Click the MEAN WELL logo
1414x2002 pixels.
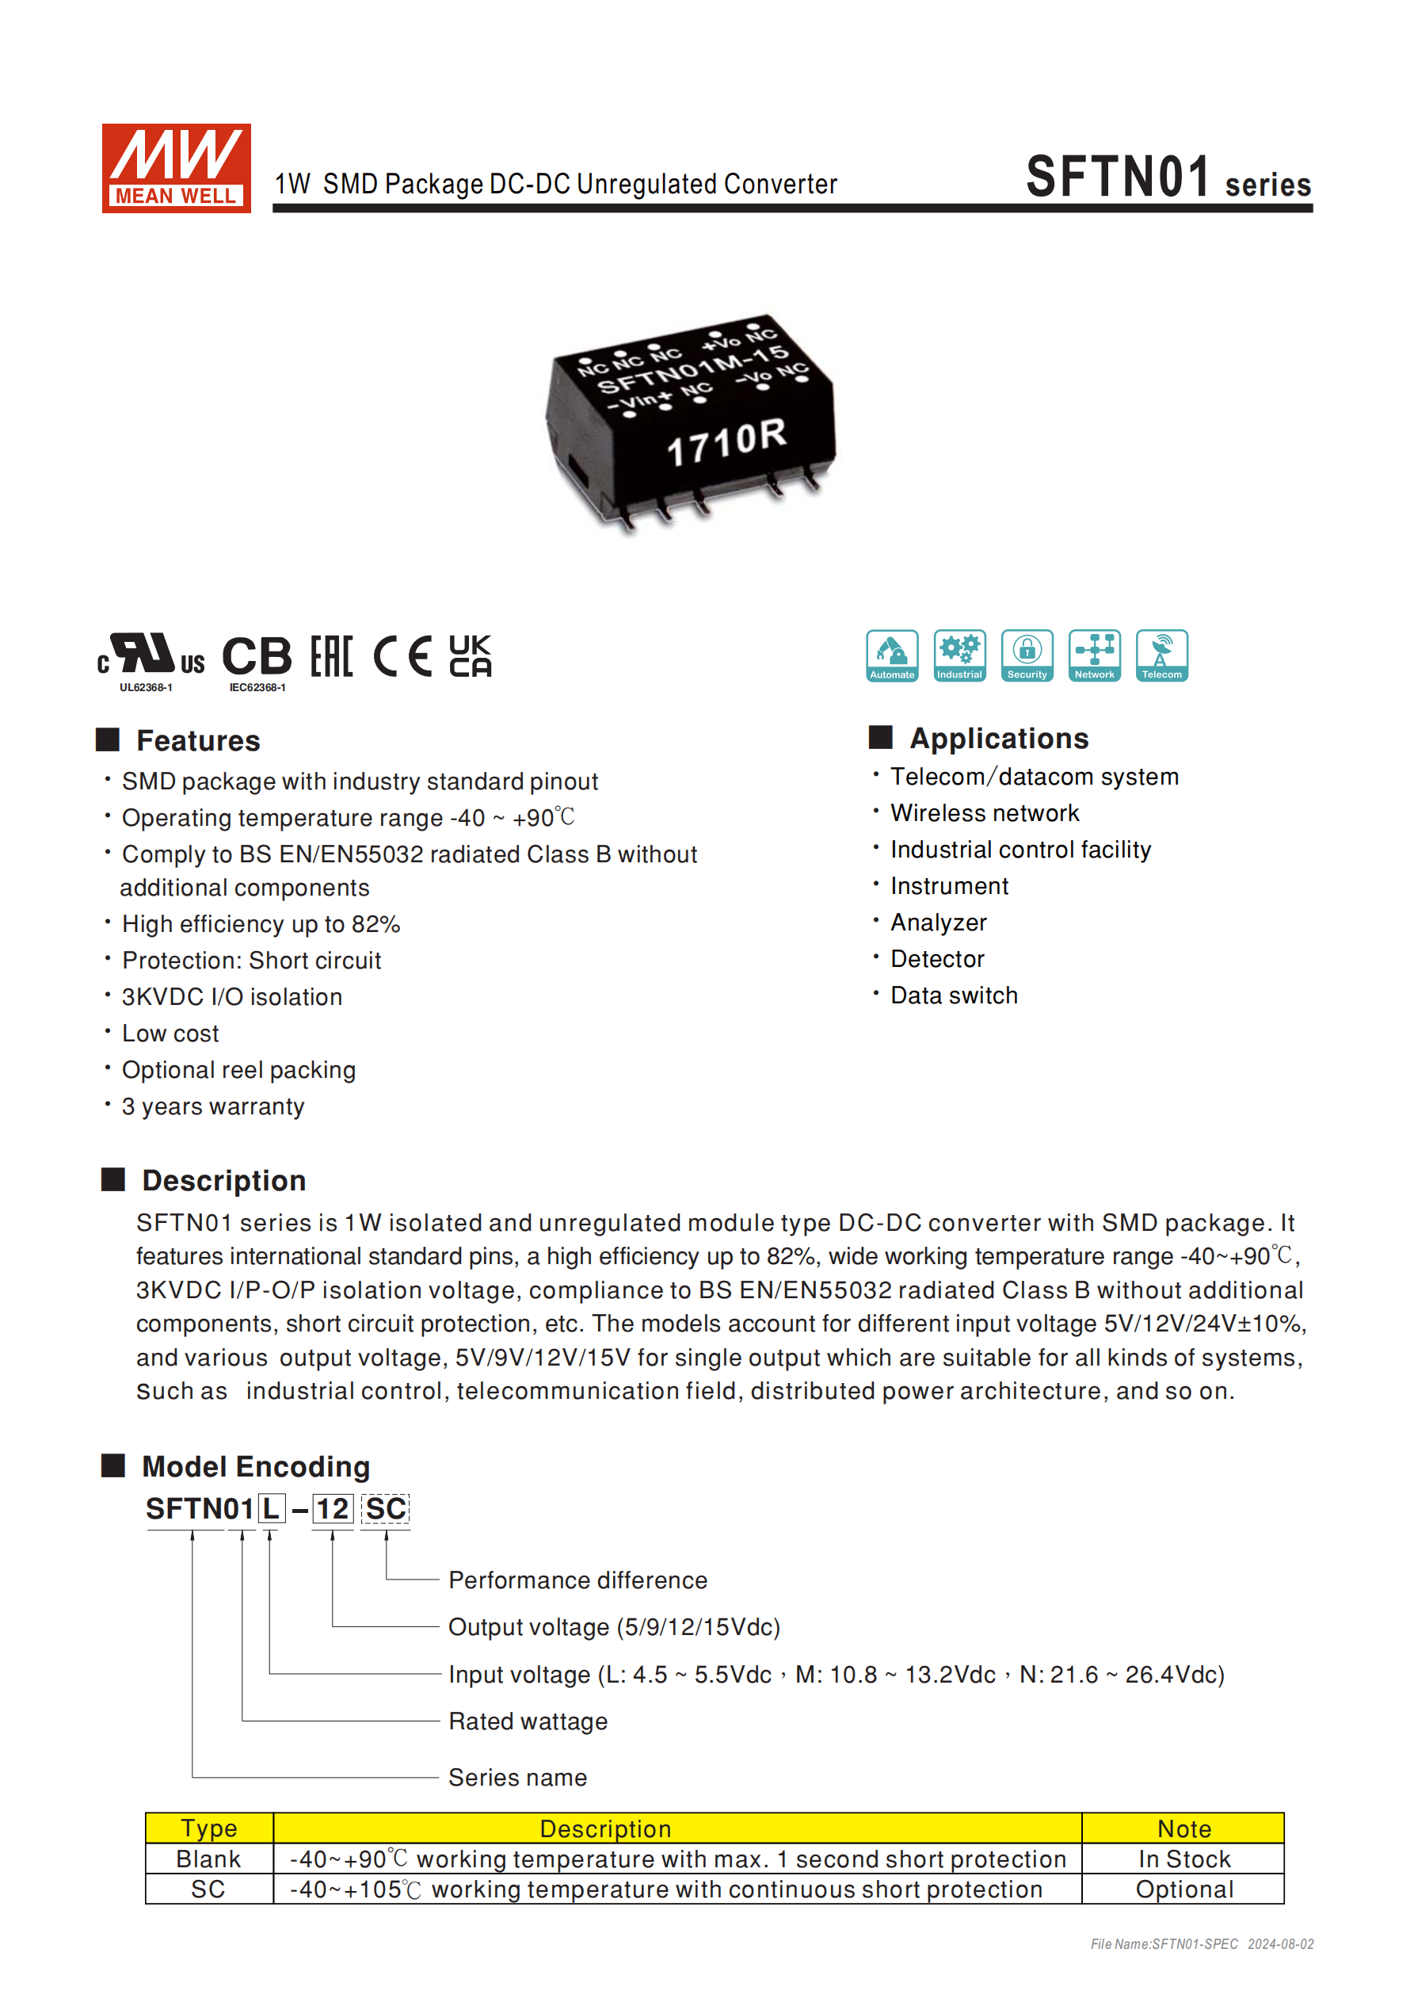click(176, 167)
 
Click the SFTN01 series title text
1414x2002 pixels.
click(1168, 177)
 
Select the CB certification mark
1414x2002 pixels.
click(257, 655)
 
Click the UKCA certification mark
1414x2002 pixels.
click(470, 655)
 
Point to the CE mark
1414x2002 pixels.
click(402, 655)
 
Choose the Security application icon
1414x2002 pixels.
click(1027, 655)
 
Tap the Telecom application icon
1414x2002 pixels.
click(1161, 655)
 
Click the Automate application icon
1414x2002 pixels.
click(892, 655)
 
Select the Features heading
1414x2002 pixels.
click(198, 740)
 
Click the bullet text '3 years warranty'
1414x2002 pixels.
click(213, 1106)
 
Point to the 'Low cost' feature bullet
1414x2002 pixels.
click(170, 1033)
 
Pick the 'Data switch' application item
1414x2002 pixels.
click(954, 995)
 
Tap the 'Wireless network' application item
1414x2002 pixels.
click(984, 812)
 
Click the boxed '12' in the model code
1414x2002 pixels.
click(332, 1508)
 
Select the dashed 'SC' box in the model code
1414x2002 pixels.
click(385, 1508)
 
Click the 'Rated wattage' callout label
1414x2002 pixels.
click(528, 1721)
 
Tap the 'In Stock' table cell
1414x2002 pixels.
click(1183, 1859)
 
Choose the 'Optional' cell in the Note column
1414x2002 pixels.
click(1183, 1889)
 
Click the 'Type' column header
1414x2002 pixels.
click(208, 1828)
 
